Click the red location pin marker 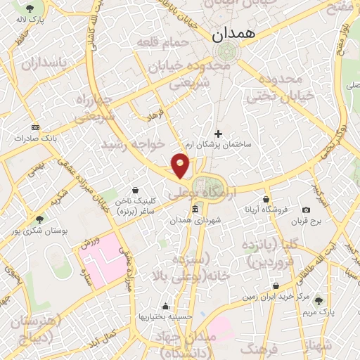[x=181, y=165]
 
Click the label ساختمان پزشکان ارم [x=218, y=144]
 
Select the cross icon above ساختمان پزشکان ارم [x=218, y=133]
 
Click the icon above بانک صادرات [x=36, y=127]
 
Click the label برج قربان [x=307, y=221]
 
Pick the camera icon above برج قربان [x=307, y=210]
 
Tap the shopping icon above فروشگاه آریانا [x=266, y=199]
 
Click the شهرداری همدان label [x=195, y=220]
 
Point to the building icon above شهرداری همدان [x=195, y=210]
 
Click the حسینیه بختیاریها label [x=165, y=316]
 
